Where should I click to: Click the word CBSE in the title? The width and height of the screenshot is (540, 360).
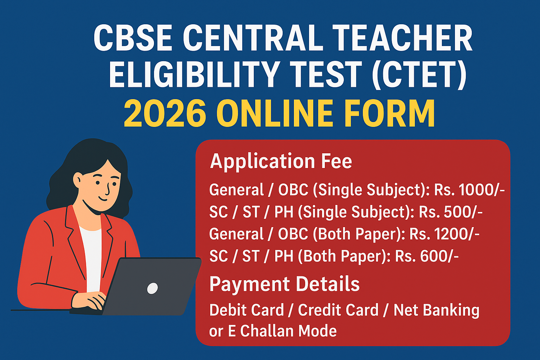pos(133,38)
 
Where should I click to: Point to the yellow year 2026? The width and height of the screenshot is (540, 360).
pos(165,113)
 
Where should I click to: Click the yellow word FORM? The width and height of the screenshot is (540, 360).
pos(389,113)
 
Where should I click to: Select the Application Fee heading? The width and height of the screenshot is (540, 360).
pos(281,162)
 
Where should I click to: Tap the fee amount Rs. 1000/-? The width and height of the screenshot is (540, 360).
pos(469,190)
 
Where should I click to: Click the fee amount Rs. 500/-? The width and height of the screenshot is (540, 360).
pos(451,212)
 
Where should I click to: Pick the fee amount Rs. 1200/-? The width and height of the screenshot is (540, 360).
pos(444,234)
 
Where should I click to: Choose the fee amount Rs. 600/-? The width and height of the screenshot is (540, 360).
pos(427,256)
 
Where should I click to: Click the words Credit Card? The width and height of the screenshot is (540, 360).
pos(338,310)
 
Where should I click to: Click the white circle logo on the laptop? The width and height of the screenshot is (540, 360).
pos(152,288)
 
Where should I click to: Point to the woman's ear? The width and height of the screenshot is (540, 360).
pos(78,180)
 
